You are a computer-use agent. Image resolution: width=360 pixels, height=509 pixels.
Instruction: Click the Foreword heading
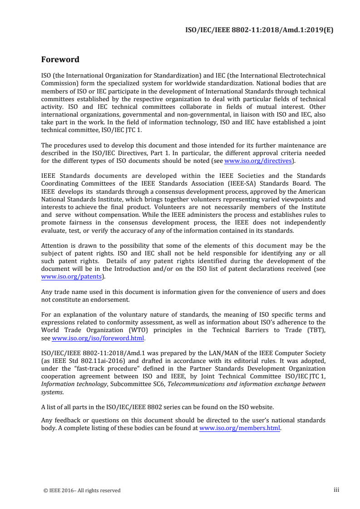(x=60, y=59)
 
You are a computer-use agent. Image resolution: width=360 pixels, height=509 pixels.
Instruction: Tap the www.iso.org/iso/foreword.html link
(x=98, y=338)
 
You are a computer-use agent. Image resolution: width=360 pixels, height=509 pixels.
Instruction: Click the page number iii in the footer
(x=336, y=490)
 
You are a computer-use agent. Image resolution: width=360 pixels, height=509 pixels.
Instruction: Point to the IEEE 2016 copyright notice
(x=81, y=490)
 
